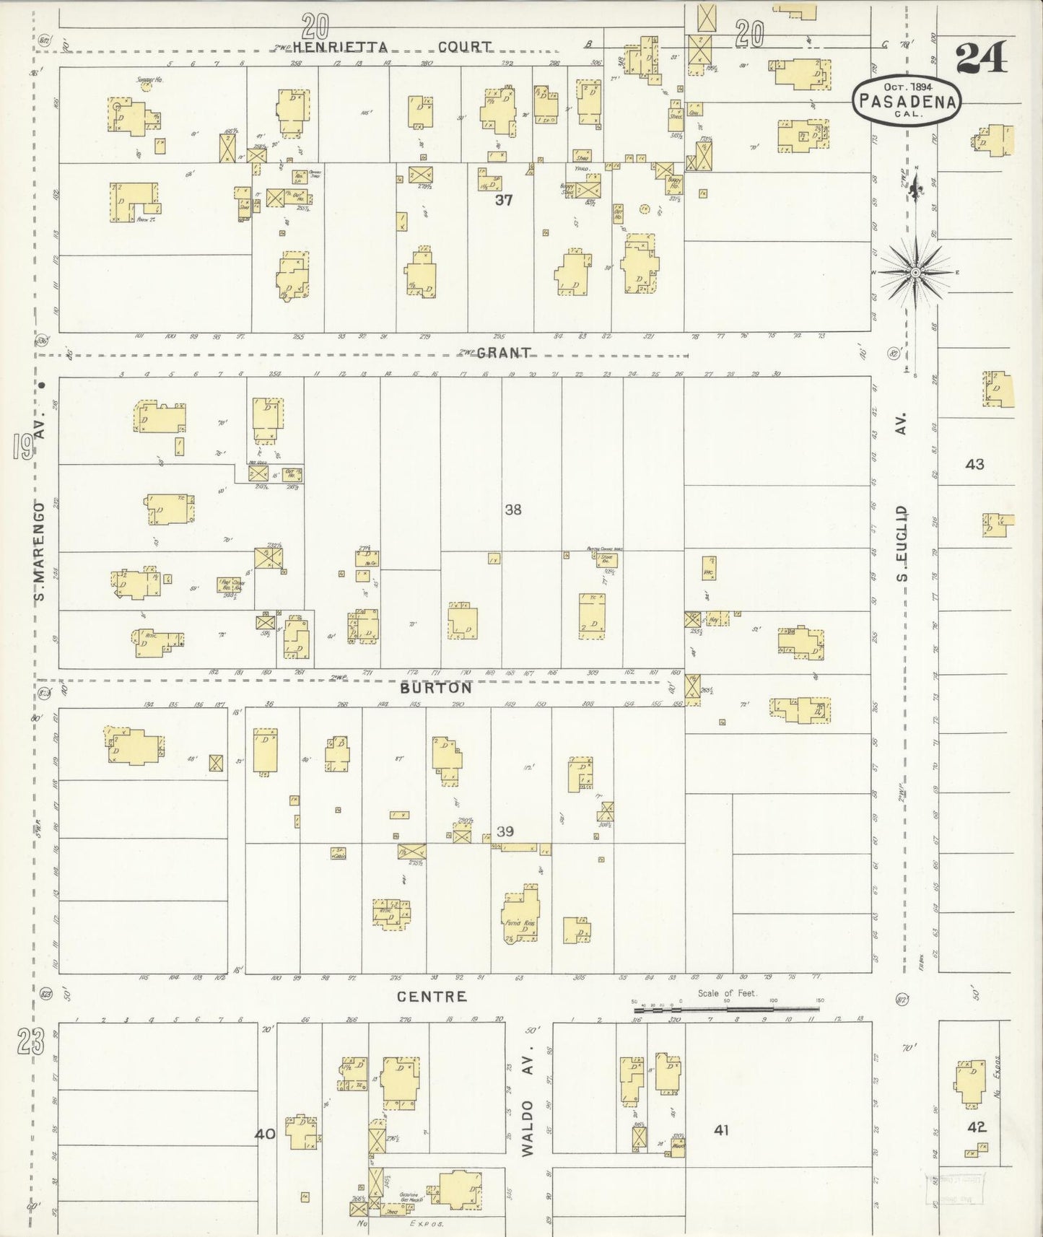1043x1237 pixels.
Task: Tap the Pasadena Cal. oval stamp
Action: coord(907,102)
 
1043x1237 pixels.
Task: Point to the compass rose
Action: coord(915,272)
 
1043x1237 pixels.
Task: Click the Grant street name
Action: coord(505,353)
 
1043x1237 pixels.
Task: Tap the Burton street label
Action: coord(437,688)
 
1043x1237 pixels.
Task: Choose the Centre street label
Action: coord(432,997)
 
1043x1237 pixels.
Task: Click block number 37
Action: coord(504,200)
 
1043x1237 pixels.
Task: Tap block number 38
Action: coord(512,510)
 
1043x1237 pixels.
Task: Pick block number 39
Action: coord(505,831)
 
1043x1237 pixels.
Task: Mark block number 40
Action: coord(265,1134)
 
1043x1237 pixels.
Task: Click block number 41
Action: coord(721,1130)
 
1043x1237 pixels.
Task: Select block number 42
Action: coord(977,1127)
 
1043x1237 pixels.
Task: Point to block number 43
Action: coord(974,464)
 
